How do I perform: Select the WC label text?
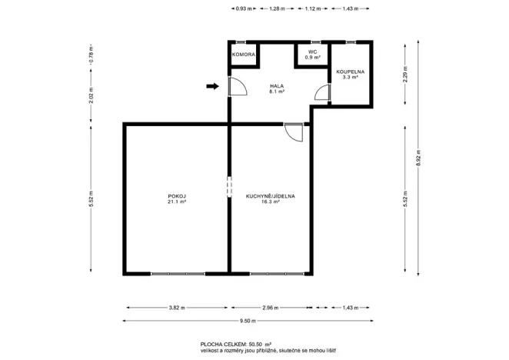(x=312, y=52)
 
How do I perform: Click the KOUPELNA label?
(x=350, y=72)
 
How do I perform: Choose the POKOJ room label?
(x=177, y=196)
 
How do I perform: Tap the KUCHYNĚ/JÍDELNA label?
(x=271, y=196)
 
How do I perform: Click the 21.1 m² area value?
(x=177, y=203)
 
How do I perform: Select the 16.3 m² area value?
(x=271, y=203)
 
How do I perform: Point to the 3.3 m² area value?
(x=350, y=78)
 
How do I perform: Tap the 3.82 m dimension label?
(x=176, y=308)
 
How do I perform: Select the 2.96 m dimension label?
(x=269, y=308)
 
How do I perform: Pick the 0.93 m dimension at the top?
(x=243, y=8)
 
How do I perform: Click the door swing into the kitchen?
(x=293, y=133)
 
